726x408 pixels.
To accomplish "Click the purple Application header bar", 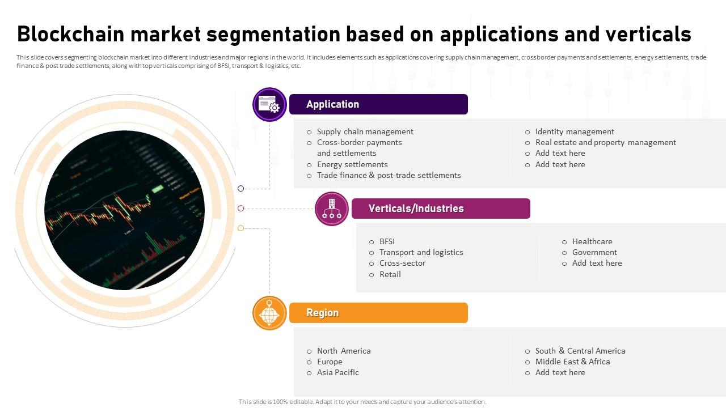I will (378, 104).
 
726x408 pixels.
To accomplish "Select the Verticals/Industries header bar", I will (441, 209).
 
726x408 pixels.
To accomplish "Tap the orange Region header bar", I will (378, 313).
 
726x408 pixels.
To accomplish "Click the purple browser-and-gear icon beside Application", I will (269, 104).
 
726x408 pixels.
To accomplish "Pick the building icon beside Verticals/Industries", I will (332, 209).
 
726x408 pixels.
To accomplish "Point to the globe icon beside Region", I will (269, 313).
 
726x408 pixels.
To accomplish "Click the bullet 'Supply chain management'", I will (365, 131).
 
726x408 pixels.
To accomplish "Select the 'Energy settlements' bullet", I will (352, 164).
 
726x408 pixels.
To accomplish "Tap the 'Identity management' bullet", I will (575, 131).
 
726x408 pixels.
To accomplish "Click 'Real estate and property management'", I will (605, 142).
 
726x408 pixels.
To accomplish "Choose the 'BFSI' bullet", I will (387, 241).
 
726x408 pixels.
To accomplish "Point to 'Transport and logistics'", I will (421, 252).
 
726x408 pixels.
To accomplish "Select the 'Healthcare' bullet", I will (592, 241).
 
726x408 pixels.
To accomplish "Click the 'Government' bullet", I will (594, 252).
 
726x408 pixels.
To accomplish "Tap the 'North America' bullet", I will (344, 351).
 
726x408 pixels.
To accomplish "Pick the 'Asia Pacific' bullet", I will (338, 372).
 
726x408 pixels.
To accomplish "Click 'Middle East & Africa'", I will (572, 362).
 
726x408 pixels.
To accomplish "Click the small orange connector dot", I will (241, 228).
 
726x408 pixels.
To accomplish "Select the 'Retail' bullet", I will (390, 274).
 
